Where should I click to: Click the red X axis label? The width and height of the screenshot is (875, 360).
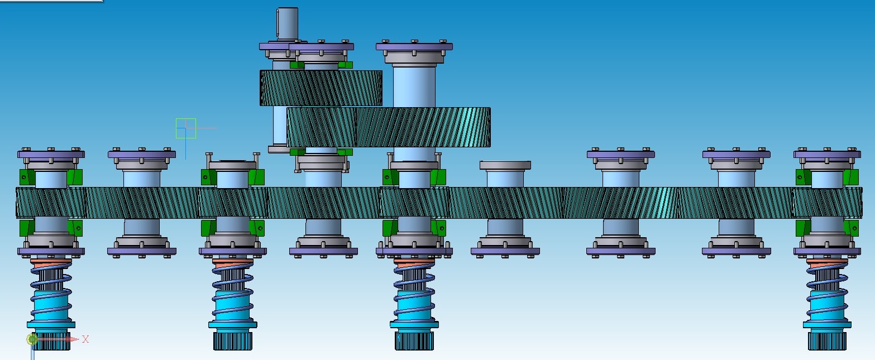coord(85,339)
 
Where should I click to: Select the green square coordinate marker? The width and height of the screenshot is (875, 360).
coord(186,128)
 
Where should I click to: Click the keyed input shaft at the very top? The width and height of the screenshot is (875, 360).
coord(288,23)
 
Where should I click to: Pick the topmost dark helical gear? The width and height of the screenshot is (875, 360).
coord(321,88)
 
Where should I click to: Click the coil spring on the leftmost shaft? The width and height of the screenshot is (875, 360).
coord(51,291)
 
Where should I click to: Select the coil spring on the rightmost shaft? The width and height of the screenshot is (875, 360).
coord(827,291)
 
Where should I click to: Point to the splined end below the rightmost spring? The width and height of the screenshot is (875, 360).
coord(827,340)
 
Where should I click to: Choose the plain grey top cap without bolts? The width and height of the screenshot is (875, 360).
coord(505,165)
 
